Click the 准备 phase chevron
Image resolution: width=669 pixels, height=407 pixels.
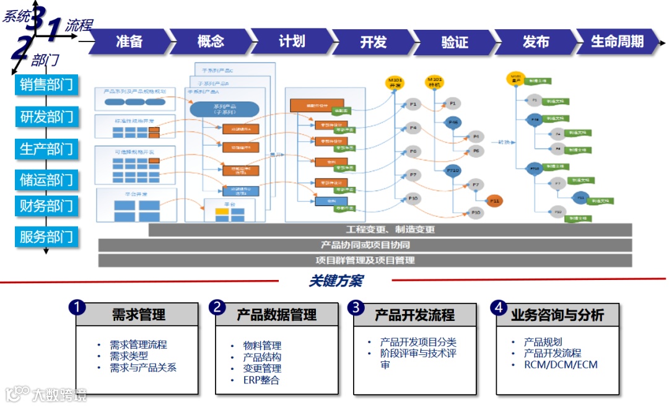(x=129, y=42)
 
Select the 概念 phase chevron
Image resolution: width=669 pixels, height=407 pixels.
(x=211, y=42)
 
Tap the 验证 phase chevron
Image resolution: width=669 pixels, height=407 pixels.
(x=455, y=42)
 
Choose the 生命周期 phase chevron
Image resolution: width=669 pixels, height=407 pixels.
(x=617, y=42)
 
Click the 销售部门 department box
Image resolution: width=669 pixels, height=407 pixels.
(x=46, y=84)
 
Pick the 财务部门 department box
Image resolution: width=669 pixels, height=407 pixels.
(x=46, y=205)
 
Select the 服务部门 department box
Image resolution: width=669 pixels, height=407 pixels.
(x=46, y=236)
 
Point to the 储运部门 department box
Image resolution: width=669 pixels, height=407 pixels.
(x=46, y=180)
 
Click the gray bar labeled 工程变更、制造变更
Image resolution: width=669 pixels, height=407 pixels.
(x=390, y=229)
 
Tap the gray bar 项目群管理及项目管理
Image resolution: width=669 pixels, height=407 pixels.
(x=365, y=260)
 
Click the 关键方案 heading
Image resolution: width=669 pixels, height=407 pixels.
(x=335, y=281)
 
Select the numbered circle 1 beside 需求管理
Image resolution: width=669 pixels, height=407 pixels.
(x=77, y=307)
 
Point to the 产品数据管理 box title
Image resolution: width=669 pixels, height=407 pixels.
(x=276, y=315)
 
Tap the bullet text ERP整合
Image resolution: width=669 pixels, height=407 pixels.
(x=261, y=380)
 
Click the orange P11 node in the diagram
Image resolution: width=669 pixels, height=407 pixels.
(x=494, y=200)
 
